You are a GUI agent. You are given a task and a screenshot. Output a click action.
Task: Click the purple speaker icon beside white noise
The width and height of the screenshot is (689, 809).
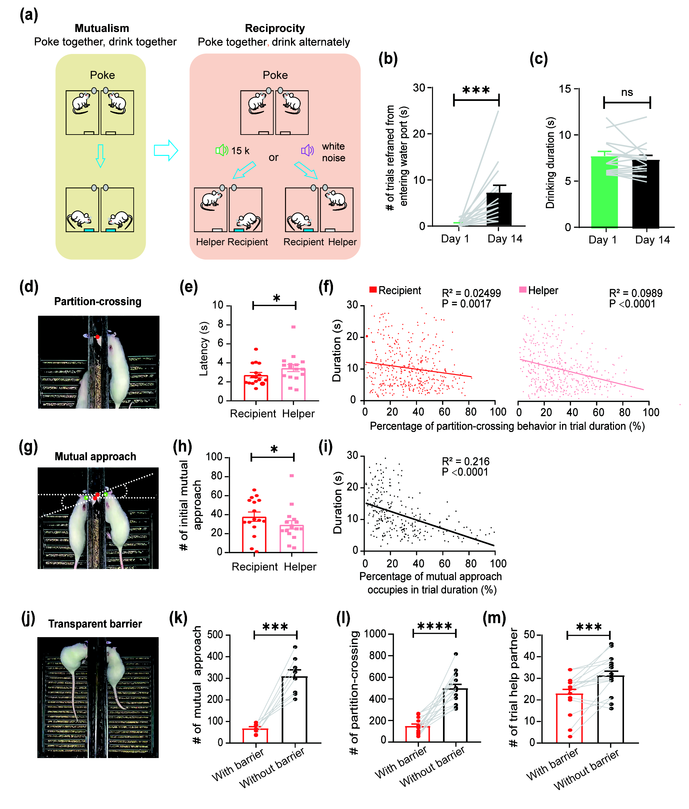[307, 150]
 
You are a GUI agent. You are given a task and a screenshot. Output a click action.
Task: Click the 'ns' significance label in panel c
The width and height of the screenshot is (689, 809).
[627, 93]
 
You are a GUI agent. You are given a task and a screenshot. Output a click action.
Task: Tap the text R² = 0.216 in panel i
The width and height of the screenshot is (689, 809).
[465, 462]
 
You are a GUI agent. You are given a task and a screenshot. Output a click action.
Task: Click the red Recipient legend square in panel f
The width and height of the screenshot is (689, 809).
[373, 289]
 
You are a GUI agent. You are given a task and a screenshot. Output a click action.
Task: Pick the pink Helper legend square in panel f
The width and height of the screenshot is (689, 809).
[523, 289]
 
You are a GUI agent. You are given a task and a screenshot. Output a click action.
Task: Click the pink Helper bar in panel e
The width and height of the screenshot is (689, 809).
[293, 384]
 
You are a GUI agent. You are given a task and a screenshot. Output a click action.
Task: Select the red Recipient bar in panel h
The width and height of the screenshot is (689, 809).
[254, 535]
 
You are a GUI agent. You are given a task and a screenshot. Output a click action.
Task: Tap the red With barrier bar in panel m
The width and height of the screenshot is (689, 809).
[569, 718]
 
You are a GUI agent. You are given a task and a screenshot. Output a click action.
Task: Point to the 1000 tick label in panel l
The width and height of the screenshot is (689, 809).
[375, 633]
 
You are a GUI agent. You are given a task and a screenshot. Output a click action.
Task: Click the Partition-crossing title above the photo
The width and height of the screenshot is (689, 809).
[98, 301]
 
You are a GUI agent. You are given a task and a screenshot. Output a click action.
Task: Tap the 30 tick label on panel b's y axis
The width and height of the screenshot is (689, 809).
[419, 88]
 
